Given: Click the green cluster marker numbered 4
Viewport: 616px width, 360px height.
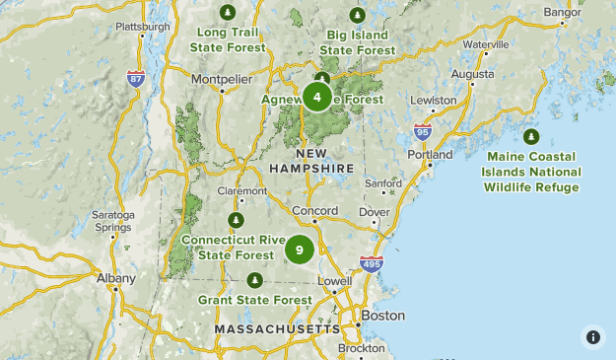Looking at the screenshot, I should point(317,97).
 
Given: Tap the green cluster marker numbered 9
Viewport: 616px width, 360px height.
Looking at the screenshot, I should point(300,250).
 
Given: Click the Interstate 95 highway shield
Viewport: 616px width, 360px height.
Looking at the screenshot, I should point(423,130).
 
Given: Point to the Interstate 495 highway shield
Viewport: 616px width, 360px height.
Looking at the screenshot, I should point(372,263).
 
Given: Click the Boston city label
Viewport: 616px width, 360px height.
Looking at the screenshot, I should point(382,316).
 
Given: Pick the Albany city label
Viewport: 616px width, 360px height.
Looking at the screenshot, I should point(116,278).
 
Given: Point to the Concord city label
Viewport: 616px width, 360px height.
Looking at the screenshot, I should point(314,210).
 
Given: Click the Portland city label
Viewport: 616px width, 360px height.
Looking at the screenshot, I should point(430,155).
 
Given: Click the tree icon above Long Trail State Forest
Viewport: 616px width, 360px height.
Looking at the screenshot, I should point(229,13).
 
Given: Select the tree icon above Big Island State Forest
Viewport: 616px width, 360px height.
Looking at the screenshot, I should point(357,14).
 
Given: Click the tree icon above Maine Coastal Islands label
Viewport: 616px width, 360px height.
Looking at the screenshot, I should point(531,136).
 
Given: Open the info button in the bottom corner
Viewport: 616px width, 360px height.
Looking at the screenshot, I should point(592,336).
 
